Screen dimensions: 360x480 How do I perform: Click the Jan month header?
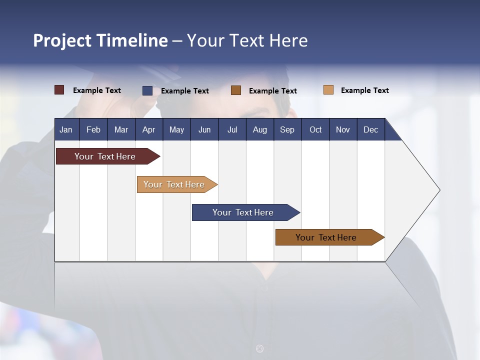(x=66, y=129)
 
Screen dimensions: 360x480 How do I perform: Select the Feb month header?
(x=93, y=129)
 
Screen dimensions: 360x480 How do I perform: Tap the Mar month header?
(x=121, y=129)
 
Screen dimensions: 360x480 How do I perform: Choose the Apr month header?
(x=148, y=129)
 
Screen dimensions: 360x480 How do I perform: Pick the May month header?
(x=176, y=129)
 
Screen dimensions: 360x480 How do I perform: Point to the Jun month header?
(x=204, y=129)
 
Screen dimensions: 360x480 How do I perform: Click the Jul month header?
(x=232, y=129)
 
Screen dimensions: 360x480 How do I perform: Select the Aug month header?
(x=259, y=129)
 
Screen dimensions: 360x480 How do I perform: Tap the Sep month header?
(x=287, y=129)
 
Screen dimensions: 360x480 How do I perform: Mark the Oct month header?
(x=315, y=129)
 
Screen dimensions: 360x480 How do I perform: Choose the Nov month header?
(x=343, y=129)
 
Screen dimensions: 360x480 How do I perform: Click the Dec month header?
(x=370, y=129)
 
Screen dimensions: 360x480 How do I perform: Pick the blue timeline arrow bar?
(x=243, y=212)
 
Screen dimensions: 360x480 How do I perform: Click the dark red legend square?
(x=59, y=90)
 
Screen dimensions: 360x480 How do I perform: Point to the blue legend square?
(x=147, y=90)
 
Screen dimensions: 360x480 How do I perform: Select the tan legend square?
(x=328, y=90)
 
